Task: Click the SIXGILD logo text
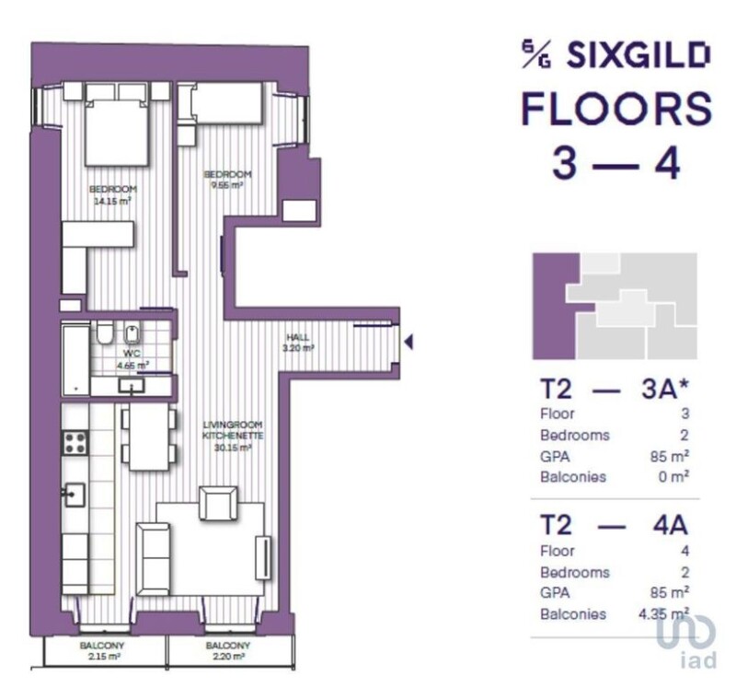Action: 638,55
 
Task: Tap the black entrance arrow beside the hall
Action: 408,342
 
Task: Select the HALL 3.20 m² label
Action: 298,343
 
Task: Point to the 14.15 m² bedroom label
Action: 112,195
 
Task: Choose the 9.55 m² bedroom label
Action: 227,180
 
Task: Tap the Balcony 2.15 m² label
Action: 102,651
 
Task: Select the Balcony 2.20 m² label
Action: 227,651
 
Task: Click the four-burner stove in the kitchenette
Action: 75,443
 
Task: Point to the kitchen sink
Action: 75,495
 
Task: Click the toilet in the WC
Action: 104,332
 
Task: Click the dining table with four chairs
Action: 149,437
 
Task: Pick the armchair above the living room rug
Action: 218,503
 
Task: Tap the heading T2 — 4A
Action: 615,525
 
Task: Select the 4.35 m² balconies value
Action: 663,613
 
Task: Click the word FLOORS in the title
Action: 616,109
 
